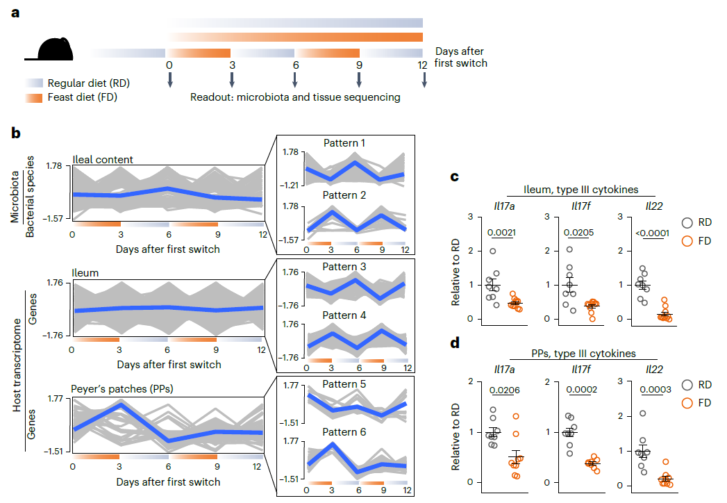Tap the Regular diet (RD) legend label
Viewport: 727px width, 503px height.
pyautogui.click(x=89, y=83)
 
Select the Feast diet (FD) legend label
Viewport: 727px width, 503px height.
pyautogui.click(x=82, y=97)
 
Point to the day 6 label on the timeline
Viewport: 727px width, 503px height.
pyautogui.click(x=295, y=65)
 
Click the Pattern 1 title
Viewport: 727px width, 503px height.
pyautogui.click(x=344, y=143)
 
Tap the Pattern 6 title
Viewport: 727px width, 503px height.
pyautogui.click(x=344, y=432)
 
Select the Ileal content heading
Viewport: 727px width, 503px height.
pyautogui.click(x=103, y=160)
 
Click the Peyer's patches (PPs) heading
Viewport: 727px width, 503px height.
pyautogui.click(x=122, y=389)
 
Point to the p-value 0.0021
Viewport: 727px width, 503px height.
pyautogui.click(x=501, y=233)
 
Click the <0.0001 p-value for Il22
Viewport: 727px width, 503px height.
pyautogui.click(x=652, y=233)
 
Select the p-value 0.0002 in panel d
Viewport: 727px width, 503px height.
pyautogui.click(x=581, y=390)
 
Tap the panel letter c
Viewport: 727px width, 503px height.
pyautogui.click(x=454, y=176)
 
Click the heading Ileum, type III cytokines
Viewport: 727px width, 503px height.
pyautogui.click(x=581, y=190)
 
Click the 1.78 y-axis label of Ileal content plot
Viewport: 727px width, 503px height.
pyautogui.click(x=53, y=166)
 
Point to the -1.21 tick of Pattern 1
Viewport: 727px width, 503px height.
pyautogui.click(x=289, y=185)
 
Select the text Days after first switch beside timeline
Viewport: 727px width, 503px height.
pyautogui.click(x=460, y=57)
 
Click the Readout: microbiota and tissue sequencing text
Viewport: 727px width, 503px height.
pyautogui.click(x=295, y=97)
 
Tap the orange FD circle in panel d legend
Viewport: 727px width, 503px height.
pyautogui.click(x=687, y=403)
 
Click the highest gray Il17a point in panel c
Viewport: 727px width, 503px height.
pyautogui.click(x=493, y=251)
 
